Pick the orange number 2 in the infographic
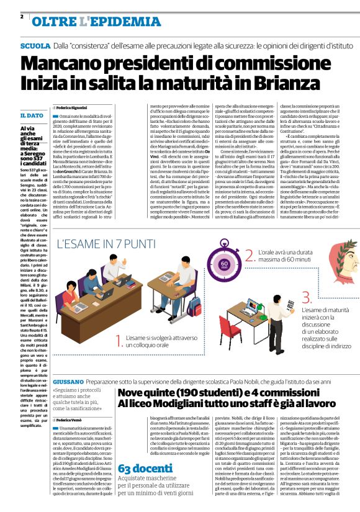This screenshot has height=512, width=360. [249, 255]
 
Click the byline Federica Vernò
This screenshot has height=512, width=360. [73, 421]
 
